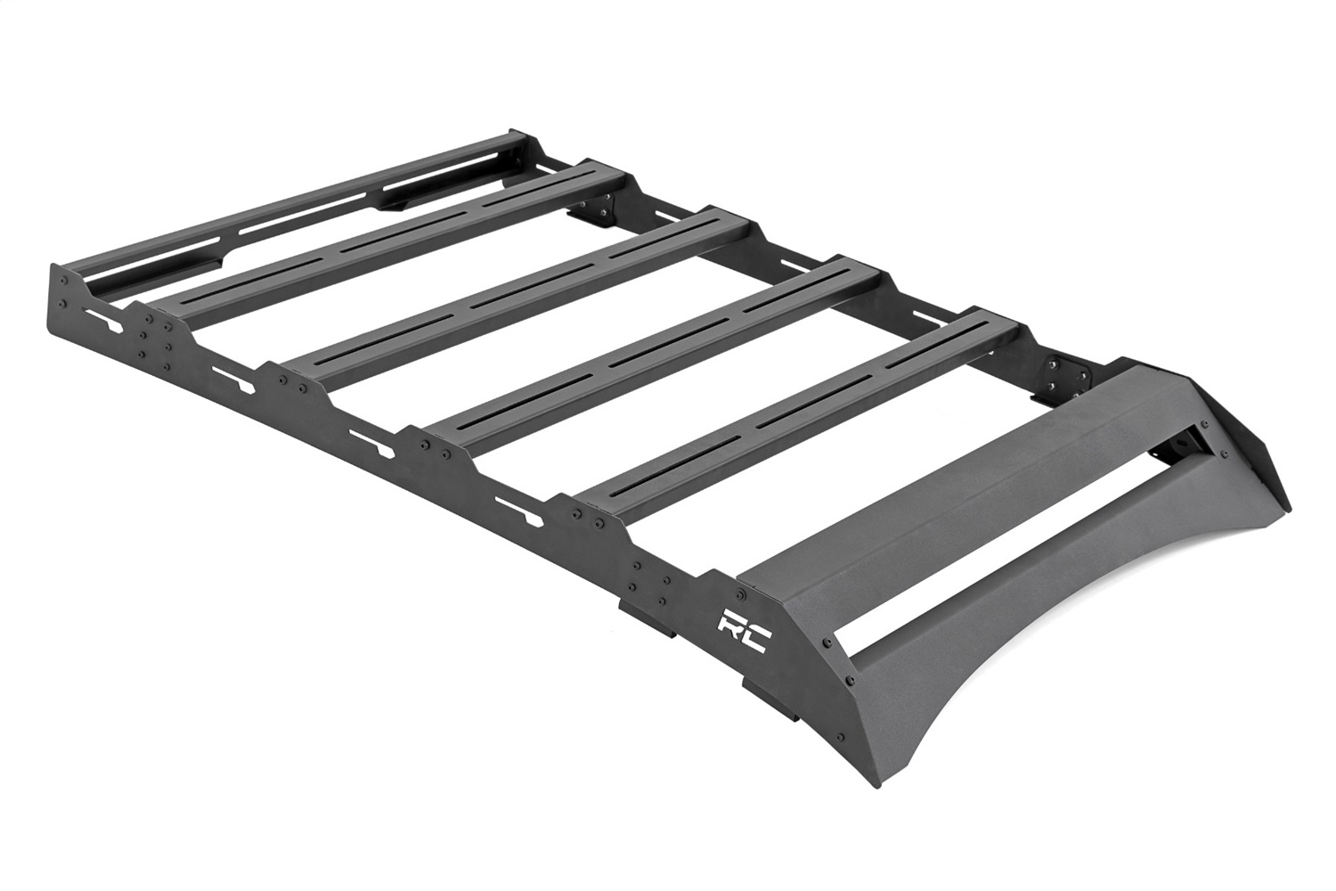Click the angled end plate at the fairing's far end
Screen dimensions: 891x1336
[1265, 454]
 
